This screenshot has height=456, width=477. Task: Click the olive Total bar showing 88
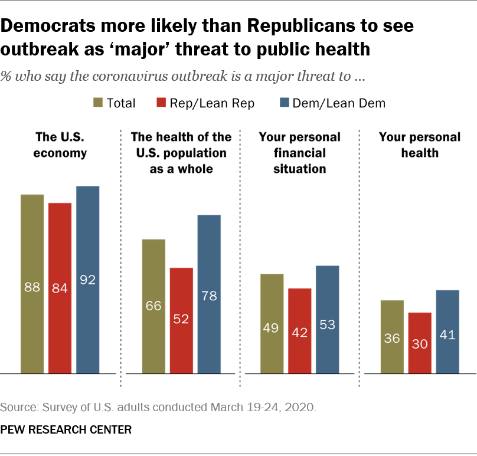click(32, 284)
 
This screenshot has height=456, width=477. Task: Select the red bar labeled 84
click(60, 288)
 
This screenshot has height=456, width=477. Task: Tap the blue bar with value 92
click(87, 280)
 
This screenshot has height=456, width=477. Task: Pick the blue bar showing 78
click(209, 294)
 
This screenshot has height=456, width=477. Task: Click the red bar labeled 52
click(181, 320)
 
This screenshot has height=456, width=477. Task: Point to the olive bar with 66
click(153, 306)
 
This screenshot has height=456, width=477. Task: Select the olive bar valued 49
click(272, 323)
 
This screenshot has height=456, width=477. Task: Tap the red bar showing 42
click(299, 330)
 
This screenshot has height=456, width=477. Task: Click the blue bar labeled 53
click(327, 319)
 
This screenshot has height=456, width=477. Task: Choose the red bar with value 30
click(420, 343)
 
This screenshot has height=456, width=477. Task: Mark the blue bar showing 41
click(447, 332)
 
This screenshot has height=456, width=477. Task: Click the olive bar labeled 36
click(392, 337)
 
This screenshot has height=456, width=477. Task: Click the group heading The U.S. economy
click(60, 145)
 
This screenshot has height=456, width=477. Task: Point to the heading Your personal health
click(419, 145)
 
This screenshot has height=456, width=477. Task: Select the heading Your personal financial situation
click(299, 153)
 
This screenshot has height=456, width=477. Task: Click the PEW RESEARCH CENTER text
click(66, 429)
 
